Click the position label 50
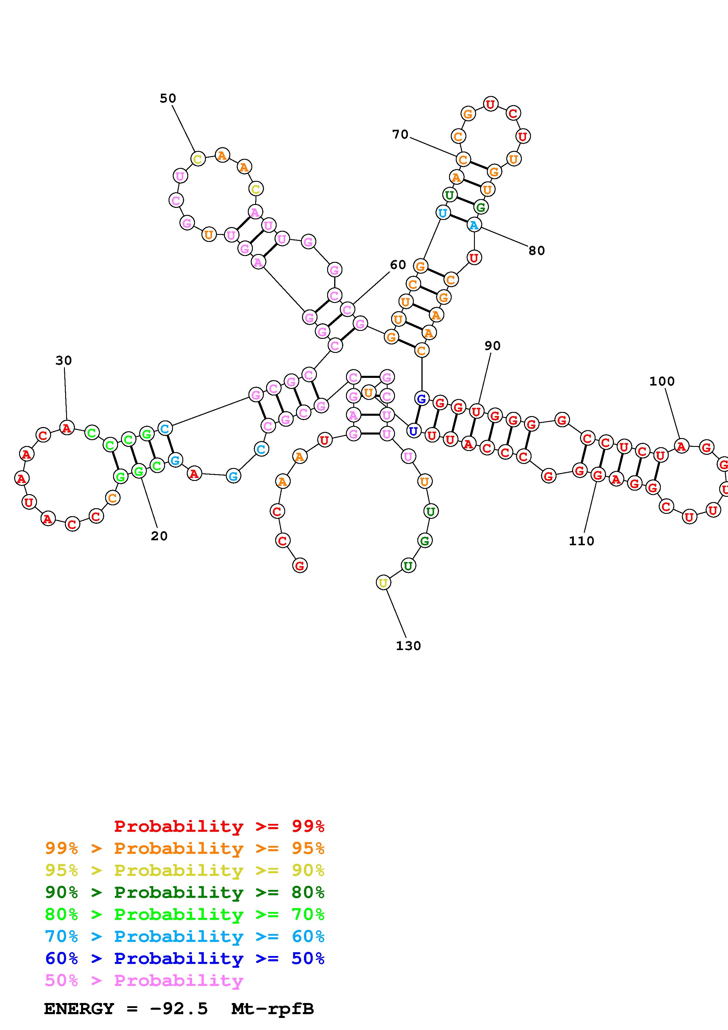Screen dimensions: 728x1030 coord(168,98)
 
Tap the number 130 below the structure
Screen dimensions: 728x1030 coord(408,646)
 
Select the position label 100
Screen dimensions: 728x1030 coord(662,381)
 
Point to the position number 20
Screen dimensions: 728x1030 coord(159,536)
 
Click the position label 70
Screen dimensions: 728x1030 coord(400,134)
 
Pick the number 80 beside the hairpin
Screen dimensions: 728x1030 coord(537,250)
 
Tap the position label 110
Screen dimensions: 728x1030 coord(581,541)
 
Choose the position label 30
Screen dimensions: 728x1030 coord(64,360)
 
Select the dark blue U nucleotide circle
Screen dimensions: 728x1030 coord(413,431)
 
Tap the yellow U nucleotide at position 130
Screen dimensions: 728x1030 coord(383,583)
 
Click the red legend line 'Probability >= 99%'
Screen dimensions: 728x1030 coord(219,826)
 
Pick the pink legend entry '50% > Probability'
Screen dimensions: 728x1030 coord(144,981)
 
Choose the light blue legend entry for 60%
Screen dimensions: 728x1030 coord(185,937)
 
